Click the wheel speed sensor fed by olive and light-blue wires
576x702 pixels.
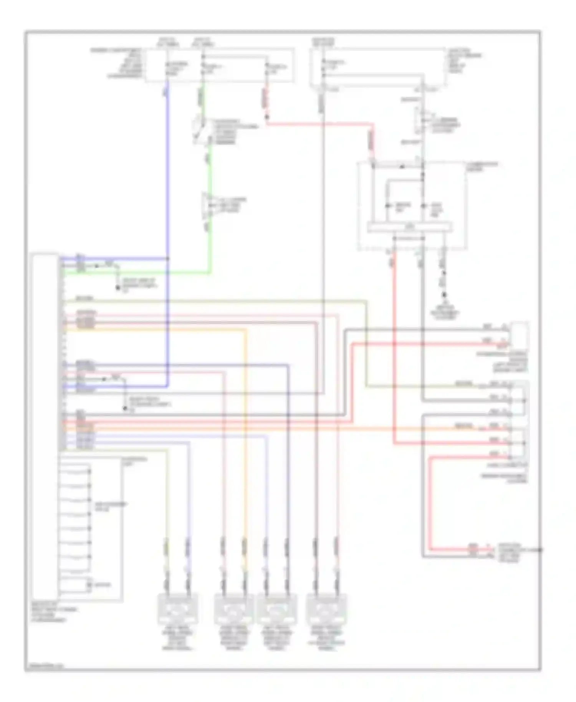[x=178, y=609]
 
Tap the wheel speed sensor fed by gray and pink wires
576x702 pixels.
[x=326, y=609]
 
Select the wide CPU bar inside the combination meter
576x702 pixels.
[x=409, y=227]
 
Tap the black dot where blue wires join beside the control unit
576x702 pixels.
[x=168, y=259]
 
